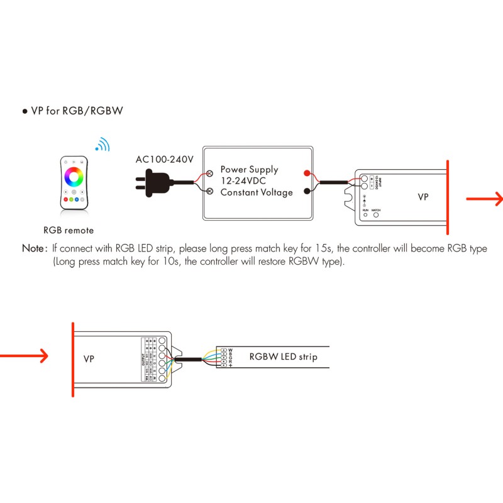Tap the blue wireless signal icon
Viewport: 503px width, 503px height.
click(x=102, y=145)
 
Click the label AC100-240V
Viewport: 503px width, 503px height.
click(x=165, y=159)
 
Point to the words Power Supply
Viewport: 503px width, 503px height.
click(x=249, y=170)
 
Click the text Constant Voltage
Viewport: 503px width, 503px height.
click(x=257, y=192)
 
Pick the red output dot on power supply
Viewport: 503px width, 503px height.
click(x=306, y=173)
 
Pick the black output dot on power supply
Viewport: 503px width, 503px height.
click(x=306, y=192)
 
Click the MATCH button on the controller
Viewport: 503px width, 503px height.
click(x=376, y=216)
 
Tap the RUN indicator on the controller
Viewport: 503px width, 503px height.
click(x=365, y=216)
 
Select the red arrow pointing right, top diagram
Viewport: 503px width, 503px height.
click(x=484, y=199)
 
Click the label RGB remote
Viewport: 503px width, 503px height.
click(x=69, y=231)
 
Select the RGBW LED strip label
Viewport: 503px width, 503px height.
click(x=283, y=357)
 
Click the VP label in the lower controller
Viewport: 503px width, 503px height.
click(x=89, y=359)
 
